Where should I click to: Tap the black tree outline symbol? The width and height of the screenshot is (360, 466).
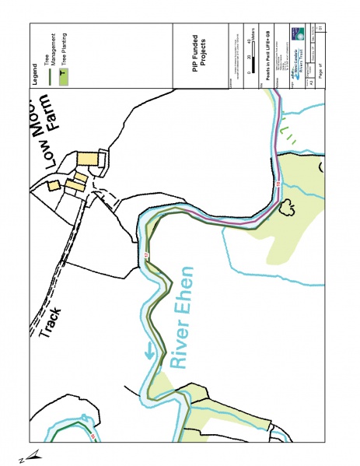click(289, 208)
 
